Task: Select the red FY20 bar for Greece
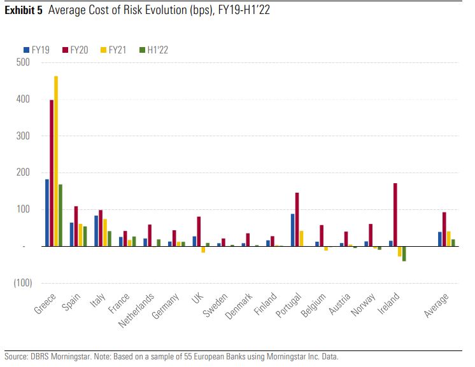[52, 173]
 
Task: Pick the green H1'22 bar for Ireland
[404, 253]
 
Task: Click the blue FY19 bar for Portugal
[292, 230]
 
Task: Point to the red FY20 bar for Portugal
[297, 219]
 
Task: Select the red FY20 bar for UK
[199, 231]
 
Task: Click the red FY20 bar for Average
[444, 229]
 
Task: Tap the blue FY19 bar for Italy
[96, 230]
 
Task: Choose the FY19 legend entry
[37, 50]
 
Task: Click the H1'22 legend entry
[153, 50]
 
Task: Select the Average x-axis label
[437, 305]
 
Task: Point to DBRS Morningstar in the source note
[55, 356]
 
